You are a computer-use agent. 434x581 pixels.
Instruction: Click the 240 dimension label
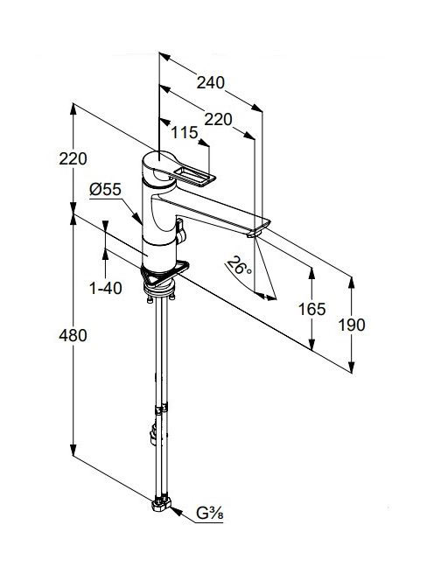coord(211,82)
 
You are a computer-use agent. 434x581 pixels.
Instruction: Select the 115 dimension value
coord(185,132)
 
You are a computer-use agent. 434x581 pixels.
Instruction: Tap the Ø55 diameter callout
coord(105,190)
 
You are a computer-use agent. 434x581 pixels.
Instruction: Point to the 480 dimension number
coord(73,335)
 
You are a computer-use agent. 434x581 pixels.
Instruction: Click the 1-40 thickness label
coord(106,288)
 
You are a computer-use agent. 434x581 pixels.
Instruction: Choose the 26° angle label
coord(239,266)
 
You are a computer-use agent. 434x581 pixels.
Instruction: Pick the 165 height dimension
coord(312,309)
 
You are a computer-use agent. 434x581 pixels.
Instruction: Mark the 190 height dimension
coord(352,325)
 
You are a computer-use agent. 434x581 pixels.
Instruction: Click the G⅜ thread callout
coord(209,514)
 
